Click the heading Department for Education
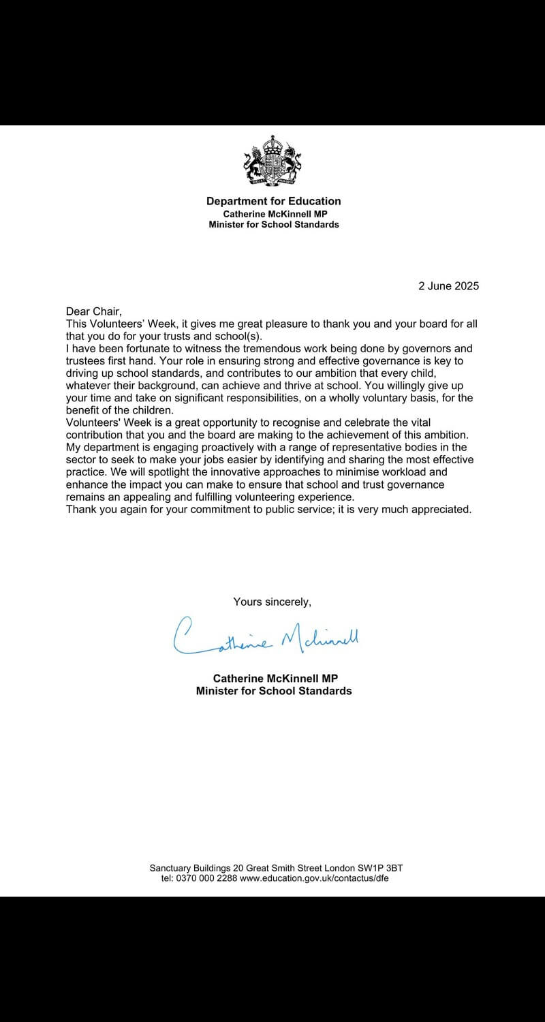[273, 201]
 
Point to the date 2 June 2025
[448, 286]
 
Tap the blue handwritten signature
[266, 638]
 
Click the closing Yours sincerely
[272, 602]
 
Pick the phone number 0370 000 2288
[207, 878]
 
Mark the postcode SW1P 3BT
[377, 868]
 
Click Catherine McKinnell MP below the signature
[275, 679]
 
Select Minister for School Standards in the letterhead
[273, 224]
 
